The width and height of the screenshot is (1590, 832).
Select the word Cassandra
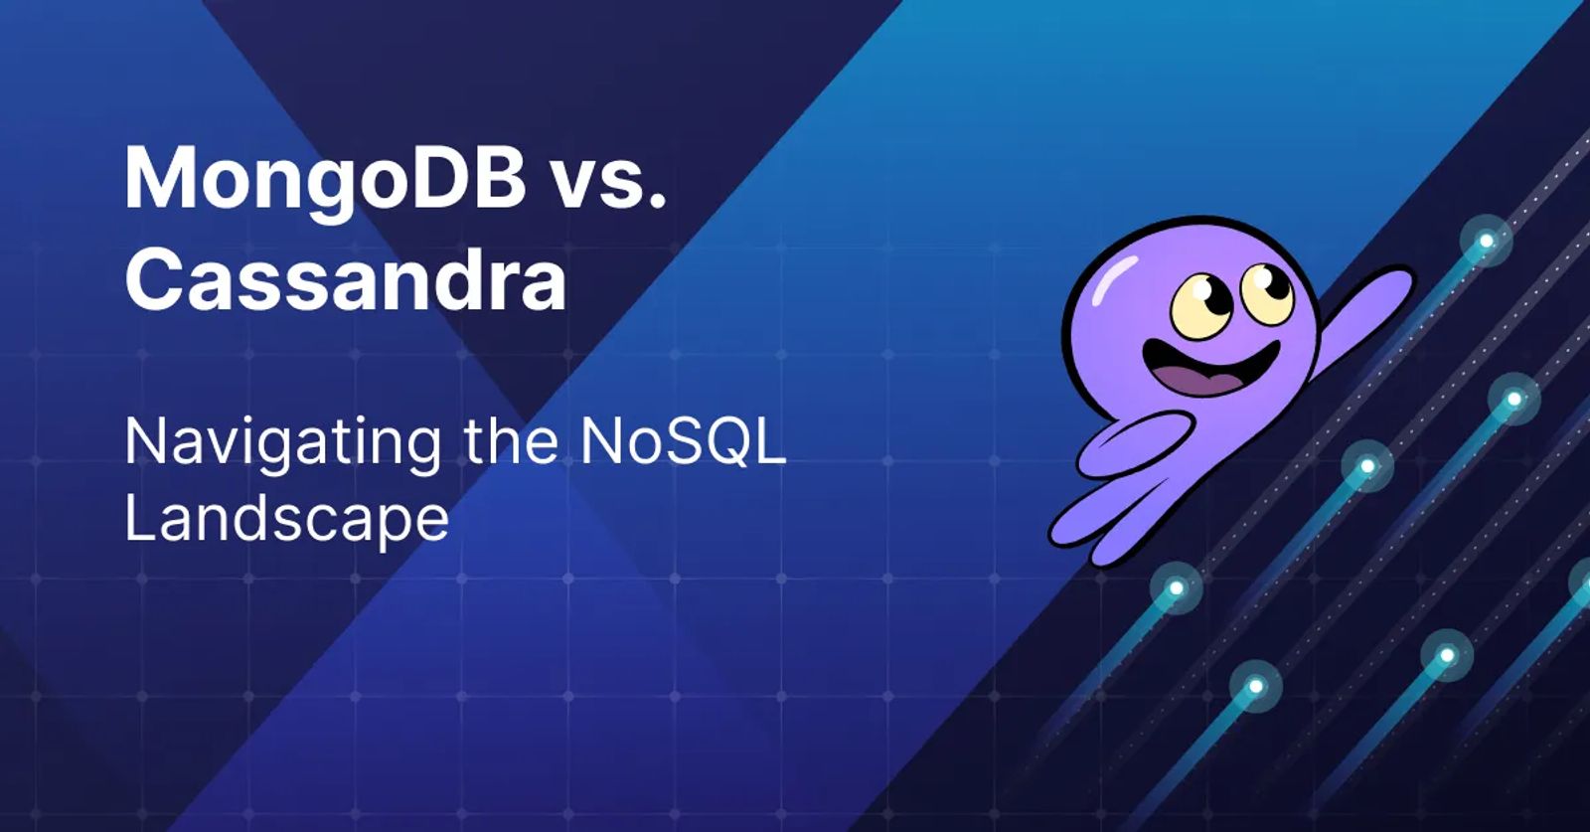tap(346, 279)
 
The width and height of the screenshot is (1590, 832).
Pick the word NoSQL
tap(684, 441)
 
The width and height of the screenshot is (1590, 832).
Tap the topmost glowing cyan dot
tap(1486, 242)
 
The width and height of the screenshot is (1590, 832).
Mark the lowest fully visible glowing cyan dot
tap(1256, 687)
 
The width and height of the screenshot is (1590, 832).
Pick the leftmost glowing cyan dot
tap(1177, 587)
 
